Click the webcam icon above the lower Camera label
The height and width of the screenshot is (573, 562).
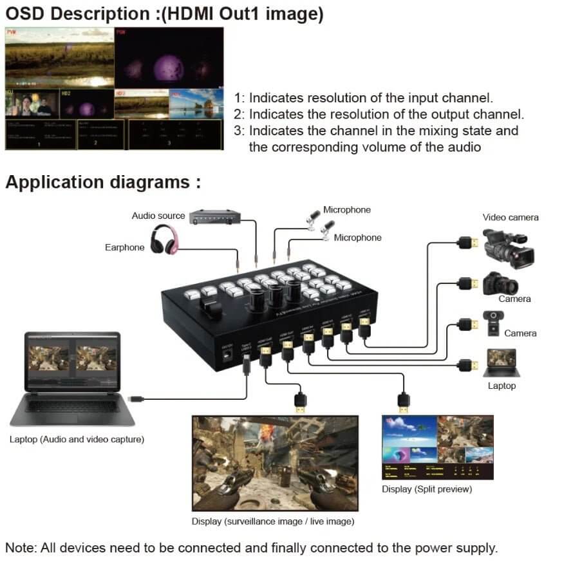[x=493, y=322]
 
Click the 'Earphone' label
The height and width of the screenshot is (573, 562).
[x=124, y=247]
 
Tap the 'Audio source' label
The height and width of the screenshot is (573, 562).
[x=158, y=216]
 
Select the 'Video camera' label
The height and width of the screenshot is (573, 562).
[x=510, y=218]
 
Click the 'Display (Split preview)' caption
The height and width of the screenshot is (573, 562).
[x=427, y=489]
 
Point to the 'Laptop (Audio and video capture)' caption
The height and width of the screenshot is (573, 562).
[x=77, y=440]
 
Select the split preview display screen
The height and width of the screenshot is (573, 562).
[x=438, y=447]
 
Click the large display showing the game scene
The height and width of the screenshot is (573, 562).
[x=275, y=463]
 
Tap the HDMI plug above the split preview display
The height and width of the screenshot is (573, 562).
[x=403, y=402]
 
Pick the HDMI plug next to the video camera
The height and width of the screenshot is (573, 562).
[x=465, y=243]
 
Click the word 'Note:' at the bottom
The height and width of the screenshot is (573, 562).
[x=21, y=549]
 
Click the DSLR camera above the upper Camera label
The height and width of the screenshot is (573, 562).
[x=500, y=283]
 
